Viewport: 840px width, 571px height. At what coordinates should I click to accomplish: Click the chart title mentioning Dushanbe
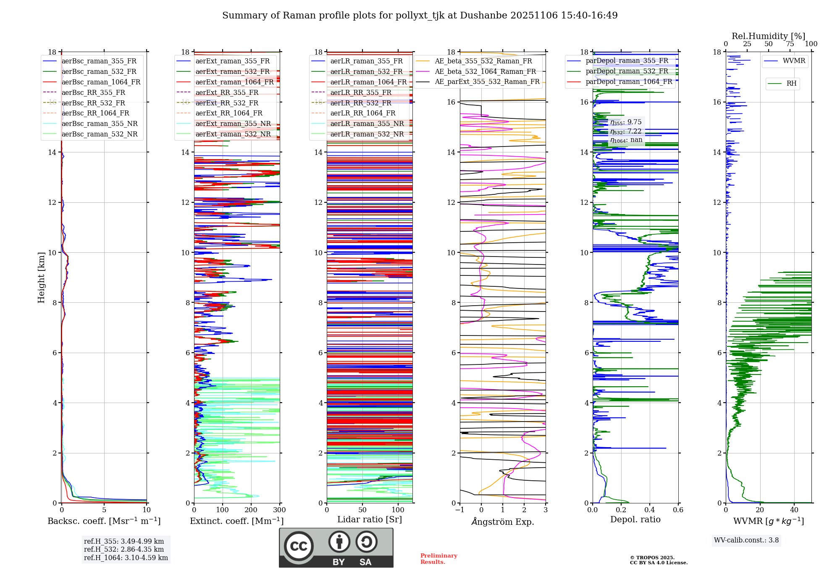click(x=420, y=16)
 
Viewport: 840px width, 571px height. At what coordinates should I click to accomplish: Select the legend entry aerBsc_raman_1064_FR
click(x=101, y=82)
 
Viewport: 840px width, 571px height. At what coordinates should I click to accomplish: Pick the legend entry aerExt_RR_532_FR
click(x=227, y=103)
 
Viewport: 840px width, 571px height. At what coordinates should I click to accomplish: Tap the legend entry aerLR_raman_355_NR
click(x=367, y=123)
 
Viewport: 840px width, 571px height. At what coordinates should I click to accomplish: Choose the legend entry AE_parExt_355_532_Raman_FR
click(x=487, y=81)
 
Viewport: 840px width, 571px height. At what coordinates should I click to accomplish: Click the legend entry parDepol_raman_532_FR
click(x=627, y=71)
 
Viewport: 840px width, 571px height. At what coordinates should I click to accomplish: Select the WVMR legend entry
click(x=793, y=61)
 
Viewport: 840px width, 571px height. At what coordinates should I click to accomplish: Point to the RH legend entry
click(x=791, y=84)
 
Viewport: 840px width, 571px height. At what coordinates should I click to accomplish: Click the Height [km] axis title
click(x=41, y=277)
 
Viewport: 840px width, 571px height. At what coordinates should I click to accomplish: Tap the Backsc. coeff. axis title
click(x=104, y=521)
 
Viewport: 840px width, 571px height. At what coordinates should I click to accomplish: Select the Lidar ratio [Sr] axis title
click(x=370, y=519)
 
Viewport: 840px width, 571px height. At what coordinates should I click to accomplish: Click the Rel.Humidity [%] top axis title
click(x=768, y=36)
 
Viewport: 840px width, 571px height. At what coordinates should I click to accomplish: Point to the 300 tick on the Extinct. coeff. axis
click(x=279, y=510)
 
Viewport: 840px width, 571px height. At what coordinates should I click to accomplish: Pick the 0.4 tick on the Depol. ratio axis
click(x=650, y=510)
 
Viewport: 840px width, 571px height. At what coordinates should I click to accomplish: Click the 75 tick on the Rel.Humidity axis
click(x=790, y=44)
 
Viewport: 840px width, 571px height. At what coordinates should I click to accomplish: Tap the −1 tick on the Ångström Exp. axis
click(x=459, y=510)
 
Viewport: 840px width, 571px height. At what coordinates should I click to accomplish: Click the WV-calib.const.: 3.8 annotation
click(x=746, y=540)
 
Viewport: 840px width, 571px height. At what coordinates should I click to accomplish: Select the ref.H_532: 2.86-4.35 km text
click(x=124, y=549)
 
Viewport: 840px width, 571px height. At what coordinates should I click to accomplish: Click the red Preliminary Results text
click(x=438, y=559)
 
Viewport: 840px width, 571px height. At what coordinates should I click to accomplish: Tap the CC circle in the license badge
click(x=299, y=546)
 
